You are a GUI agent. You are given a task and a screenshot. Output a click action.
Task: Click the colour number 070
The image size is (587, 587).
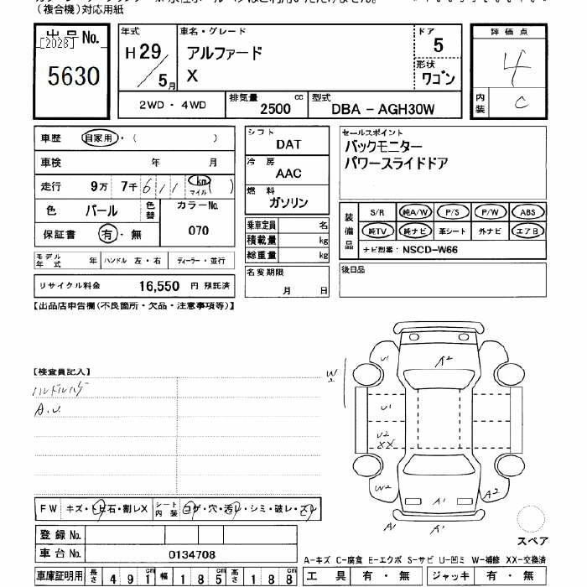[x=198, y=230]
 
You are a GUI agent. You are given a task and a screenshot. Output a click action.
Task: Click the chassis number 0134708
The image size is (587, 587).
[x=191, y=554]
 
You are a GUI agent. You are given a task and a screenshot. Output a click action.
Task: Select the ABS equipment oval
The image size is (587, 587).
[x=527, y=212]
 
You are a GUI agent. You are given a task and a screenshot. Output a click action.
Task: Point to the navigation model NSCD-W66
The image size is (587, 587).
[x=430, y=249]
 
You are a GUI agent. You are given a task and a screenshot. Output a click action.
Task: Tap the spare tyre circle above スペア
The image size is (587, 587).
[x=532, y=519]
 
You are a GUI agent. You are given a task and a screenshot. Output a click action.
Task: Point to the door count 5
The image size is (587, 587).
[x=439, y=44]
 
